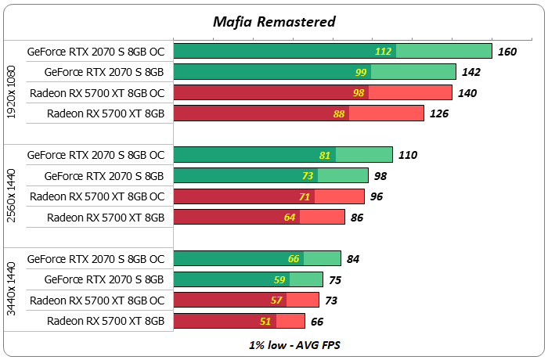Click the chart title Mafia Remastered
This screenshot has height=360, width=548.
pyautogui.click(x=274, y=21)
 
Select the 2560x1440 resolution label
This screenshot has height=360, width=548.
pyautogui.click(x=11, y=186)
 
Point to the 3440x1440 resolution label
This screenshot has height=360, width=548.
pyautogui.click(x=11, y=290)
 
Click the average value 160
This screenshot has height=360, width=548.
pyautogui.click(x=507, y=52)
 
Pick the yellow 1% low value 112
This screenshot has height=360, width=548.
pyautogui.click(x=384, y=52)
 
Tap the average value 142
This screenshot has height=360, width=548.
pyautogui.click(x=471, y=72)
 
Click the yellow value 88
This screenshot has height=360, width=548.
pyautogui.click(x=339, y=113)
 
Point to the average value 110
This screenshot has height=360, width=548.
pyautogui.click(x=408, y=155)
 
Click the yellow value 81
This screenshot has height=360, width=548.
pyautogui.click(x=326, y=155)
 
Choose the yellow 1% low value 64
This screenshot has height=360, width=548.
pyautogui.click(x=290, y=217)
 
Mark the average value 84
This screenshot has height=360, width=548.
pyautogui.click(x=353, y=259)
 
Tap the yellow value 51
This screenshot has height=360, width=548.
pyautogui.click(x=266, y=321)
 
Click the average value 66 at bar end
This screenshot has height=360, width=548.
pyautogui.click(x=317, y=321)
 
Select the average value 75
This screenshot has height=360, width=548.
pyautogui.click(x=335, y=279)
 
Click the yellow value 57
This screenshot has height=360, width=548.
pyautogui.click(x=276, y=301)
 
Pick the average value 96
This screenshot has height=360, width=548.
pyautogui.click(x=377, y=196)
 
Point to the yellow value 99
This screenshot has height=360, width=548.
pyautogui.click(x=361, y=72)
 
